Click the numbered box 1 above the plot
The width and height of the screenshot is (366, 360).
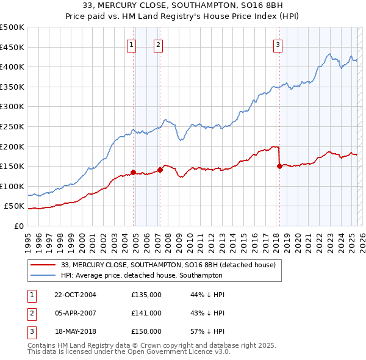click(x=132, y=44)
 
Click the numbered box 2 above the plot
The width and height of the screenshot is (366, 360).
click(x=158, y=44)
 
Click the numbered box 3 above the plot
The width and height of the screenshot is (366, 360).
click(x=278, y=44)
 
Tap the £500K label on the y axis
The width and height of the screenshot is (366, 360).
click(x=12, y=27)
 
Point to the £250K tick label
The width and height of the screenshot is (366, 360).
click(x=12, y=126)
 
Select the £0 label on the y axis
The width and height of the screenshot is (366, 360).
click(x=18, y=226)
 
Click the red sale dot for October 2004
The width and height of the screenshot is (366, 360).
click(x=133, y=172)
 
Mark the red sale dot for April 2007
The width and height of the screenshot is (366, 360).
click(x=160, y=170)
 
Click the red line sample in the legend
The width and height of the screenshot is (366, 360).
click(x=43, y=265)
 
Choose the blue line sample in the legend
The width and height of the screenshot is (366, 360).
click(x=43, y=275)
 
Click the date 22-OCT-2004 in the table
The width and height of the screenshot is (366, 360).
click(x=75, y=295)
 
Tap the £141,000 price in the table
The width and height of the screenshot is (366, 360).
click(x=146, y=313)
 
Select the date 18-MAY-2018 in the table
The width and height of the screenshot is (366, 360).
click(x=75, y=331)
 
